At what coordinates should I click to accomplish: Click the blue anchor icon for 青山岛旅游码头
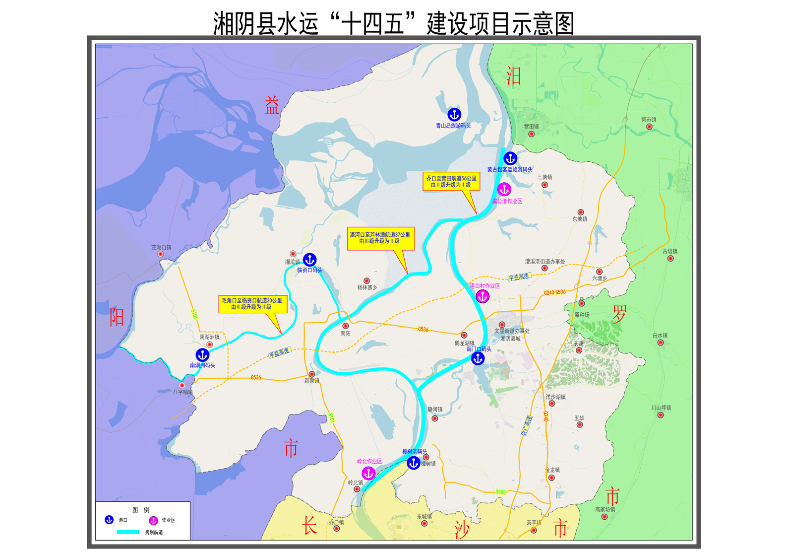(454, 115)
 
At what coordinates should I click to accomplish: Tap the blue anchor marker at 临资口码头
(310, 260)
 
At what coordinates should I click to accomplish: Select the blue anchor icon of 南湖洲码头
(202, 355)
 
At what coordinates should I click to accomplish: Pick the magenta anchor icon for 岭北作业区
(368, 473)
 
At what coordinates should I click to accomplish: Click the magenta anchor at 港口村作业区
(483, 296)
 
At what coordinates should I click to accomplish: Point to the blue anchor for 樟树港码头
(414, 463)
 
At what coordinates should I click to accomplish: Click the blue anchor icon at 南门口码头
(478, 358)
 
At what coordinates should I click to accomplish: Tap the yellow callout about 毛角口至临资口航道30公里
(253, 304)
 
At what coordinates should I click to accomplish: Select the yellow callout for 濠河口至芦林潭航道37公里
(380, 238)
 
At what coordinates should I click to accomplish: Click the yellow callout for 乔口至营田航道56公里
(451, 181)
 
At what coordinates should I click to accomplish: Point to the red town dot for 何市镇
(649, 127)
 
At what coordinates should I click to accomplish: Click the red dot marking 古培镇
(670, 258)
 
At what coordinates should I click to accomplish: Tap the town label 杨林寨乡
(367, 287)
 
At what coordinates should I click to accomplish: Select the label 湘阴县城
(510, 339)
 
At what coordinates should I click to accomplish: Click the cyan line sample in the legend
(127, 532)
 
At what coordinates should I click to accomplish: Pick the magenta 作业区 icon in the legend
(153, 520)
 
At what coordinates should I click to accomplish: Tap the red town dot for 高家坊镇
(605, 517)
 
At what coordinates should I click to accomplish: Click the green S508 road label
(501, 492)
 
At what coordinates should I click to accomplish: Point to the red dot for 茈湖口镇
(161, 254)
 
